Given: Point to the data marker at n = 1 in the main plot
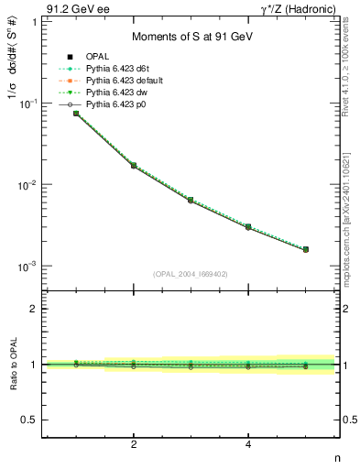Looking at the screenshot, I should point(76,114).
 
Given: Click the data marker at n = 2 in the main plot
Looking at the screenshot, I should point(134,166).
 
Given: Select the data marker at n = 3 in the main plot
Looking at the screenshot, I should point(191,200).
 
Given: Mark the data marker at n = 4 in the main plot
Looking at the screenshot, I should point(248,226).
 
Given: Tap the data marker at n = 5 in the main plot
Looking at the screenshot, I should point(306,249).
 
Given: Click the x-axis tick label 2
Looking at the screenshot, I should point(134,444).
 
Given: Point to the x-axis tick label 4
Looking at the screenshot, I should point(248,444).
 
